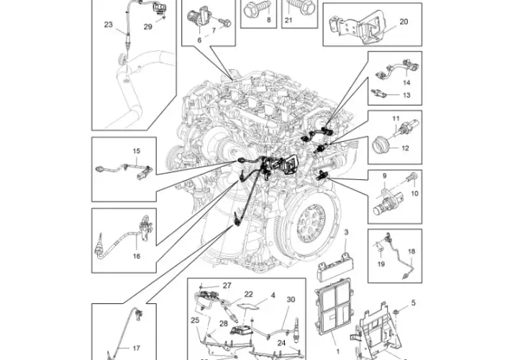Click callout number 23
109,24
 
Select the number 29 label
148,27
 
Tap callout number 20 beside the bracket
404,22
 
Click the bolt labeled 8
257,9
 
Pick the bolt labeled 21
299,6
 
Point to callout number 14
406,82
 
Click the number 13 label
406,95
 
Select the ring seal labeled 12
380,147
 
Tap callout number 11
396,118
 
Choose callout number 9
384,176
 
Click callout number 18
412,251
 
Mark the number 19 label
381,264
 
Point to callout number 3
346,233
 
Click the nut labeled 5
397,312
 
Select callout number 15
137,151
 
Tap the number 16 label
137,256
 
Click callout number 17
136,348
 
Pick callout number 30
291,300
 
